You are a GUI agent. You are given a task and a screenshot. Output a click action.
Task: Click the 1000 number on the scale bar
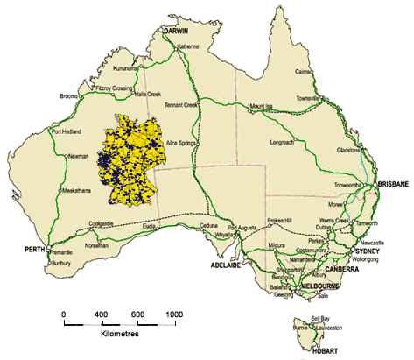tap(174, 314)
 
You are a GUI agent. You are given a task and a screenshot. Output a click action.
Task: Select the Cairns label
tap(329, 73)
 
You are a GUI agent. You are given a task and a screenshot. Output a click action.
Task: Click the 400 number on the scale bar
tap(100, 314)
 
